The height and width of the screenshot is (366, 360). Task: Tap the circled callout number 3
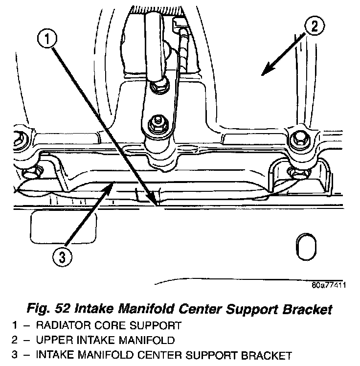pos(60,256)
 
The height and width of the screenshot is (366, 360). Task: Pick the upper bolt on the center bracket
pos(158,87)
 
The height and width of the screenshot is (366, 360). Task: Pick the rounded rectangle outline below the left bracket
pos(48,229)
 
